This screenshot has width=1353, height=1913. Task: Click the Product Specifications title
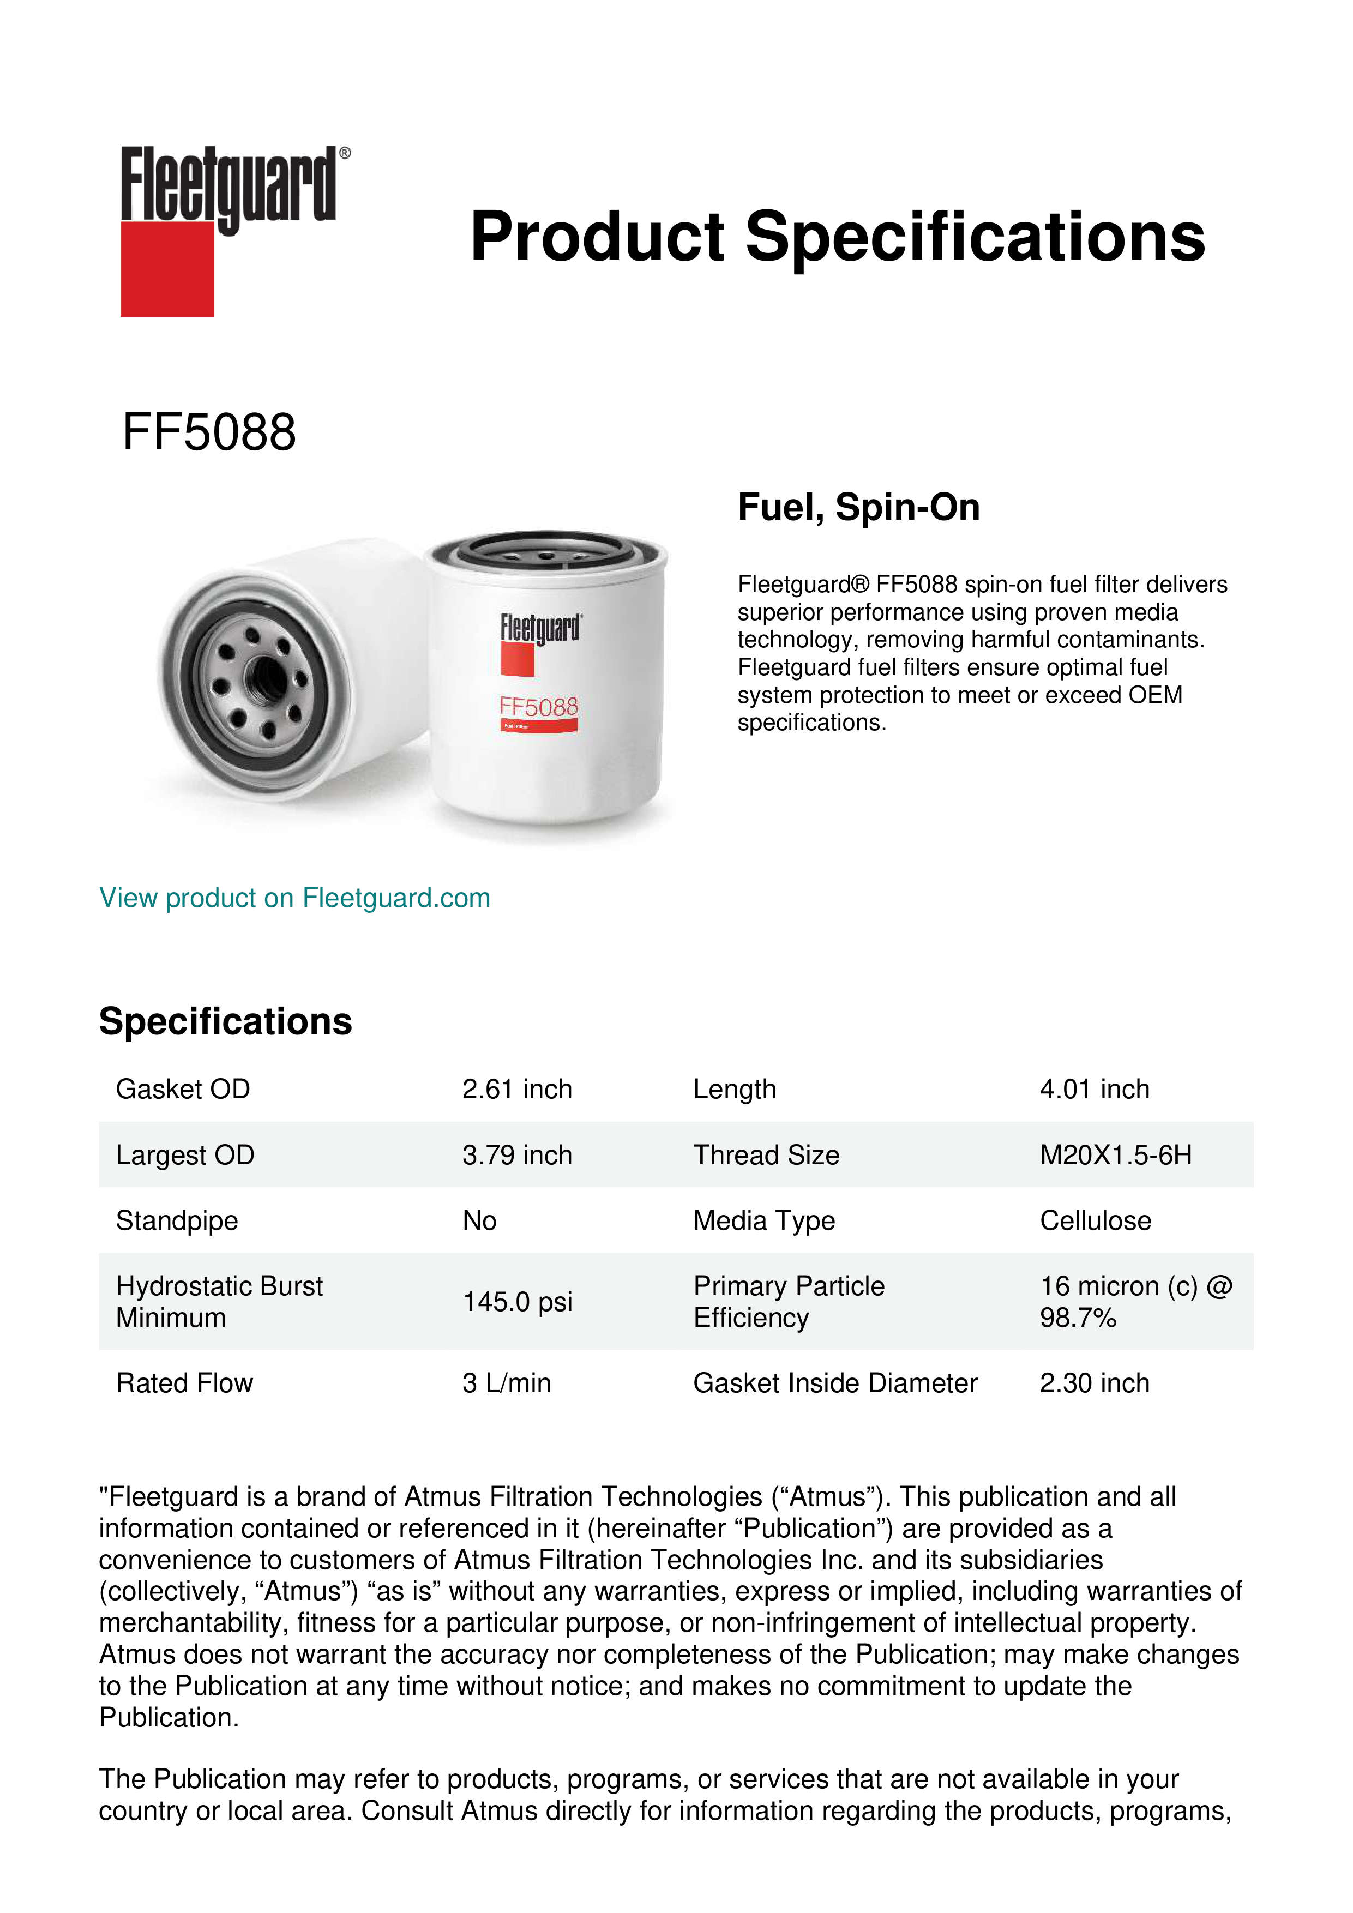coord(837,237)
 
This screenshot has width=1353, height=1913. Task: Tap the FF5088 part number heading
coord(209,432)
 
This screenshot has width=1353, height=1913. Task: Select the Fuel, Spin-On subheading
coord(858,507)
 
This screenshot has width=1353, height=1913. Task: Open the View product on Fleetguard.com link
coord(294,898)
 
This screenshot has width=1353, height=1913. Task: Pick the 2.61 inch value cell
coord(518,1089)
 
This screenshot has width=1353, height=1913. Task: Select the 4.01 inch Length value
coord(1094,1089)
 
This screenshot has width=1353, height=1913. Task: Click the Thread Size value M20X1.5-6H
coord(1116,1155)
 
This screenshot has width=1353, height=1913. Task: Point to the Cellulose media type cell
coord(1095,1220)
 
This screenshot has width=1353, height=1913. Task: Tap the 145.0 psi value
coord(518,1302)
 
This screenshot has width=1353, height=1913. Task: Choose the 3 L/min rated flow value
coord(507,1383)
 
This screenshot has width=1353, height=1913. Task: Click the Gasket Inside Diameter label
coord(835,1383)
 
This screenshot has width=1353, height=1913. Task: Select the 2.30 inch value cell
coord(1094,1383)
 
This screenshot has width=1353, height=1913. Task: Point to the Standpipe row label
coord(177,1220)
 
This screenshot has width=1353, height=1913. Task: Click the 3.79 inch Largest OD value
coord(518,1155)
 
